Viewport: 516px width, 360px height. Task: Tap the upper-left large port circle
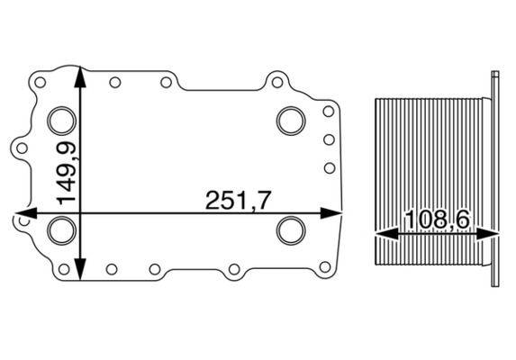tap(61, 120)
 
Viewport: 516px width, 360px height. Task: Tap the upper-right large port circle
tap(291, 120)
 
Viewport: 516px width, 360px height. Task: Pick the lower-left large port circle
tap(61, 230)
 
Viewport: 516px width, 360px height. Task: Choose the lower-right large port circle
tap(291, 230)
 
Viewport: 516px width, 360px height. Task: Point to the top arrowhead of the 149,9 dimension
tap(83, 74)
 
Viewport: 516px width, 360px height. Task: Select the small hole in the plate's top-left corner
tap(40, 81)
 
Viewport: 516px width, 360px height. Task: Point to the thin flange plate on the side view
tap(495, 180)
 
